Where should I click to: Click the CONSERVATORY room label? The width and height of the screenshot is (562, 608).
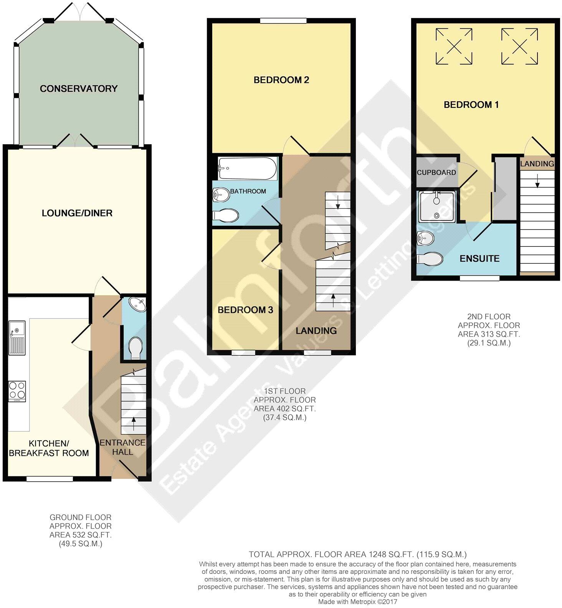tap(78, 89)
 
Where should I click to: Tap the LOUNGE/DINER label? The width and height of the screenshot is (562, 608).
tap(77, 213)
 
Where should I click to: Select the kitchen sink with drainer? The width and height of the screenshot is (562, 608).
tap(17, 338)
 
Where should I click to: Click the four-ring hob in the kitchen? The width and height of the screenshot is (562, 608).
tap(17, 391)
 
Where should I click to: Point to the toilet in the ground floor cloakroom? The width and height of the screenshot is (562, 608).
tap(135, 348)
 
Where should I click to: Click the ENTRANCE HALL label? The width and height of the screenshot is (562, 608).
tap(122, 447)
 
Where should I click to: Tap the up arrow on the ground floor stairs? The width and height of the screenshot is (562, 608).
tap(134, 424)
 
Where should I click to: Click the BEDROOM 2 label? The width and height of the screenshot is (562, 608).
tap(281, 80)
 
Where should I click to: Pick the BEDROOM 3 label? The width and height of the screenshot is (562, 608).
tap(245, 310)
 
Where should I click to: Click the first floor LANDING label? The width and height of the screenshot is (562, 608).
tap(316, 330)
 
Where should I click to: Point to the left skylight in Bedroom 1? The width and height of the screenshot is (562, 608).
tap(454, 46)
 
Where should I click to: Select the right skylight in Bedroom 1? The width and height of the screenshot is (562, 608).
tap(519, 46)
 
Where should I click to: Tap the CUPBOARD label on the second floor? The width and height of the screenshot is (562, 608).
tap(436, 172)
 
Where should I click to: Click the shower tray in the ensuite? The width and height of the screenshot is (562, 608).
tap(437, 206)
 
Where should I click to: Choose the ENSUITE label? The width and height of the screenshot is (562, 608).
tap(479, 258)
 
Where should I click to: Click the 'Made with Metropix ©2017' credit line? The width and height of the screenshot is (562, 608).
tap(357, 602)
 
